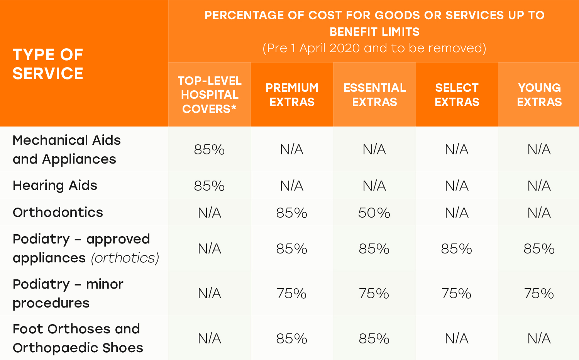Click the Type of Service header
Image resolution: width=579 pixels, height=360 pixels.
coord(48,64)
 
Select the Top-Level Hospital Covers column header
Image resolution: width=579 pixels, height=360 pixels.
coord(210,95)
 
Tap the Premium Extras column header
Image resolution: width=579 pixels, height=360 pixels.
coord(292,95)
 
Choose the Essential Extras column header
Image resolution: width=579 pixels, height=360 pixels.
coord(374,95)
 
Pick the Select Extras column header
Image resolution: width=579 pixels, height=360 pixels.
coord(457,95)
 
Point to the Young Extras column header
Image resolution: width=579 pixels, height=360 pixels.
coord(539,95)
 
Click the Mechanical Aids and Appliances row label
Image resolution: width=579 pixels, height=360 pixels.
coord(66,149)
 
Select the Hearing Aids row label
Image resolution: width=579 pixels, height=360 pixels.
coord(55,186)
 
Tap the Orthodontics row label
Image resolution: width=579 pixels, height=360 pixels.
coord(58,213)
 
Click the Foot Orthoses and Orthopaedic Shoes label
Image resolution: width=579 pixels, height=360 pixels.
coord(78,338)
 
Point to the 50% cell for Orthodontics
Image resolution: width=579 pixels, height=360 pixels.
coord(374,213)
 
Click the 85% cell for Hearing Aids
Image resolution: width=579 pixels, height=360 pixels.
coord(209,186)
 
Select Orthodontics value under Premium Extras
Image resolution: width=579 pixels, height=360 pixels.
coord(291,213)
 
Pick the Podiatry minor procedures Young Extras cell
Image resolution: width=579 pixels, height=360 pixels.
coord(539,294)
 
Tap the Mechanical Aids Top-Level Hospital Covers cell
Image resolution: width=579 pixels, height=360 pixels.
coord(209,150)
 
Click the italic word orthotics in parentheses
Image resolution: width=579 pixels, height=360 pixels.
coord(125,258)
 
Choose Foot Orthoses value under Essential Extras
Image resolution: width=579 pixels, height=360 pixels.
coord(374,339)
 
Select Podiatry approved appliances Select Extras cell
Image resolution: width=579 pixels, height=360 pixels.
coord(456,249)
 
